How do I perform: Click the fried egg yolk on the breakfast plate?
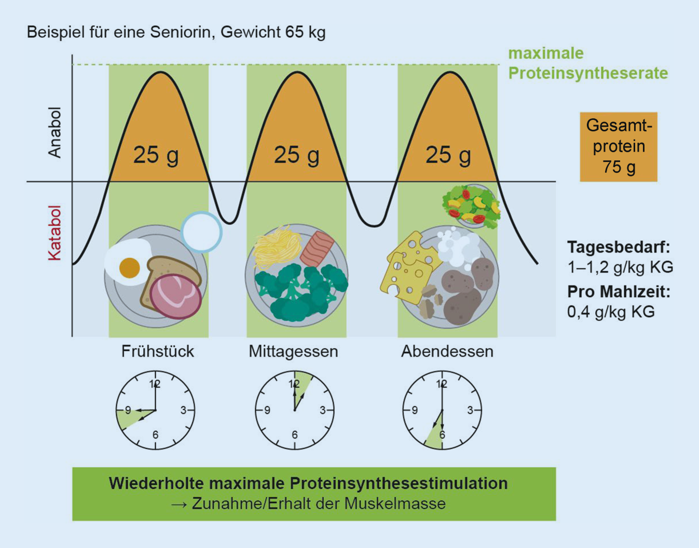(129, 268)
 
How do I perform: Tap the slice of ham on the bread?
(175, 296)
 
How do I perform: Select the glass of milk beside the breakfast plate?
(201, 232)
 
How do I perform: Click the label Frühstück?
(157, 351)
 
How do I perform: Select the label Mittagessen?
(293, 351)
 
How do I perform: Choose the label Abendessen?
(447, 351)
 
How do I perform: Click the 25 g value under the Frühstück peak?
(156, 155)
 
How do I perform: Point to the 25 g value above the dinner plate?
(448, 155)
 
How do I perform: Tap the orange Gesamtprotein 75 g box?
(619, 147)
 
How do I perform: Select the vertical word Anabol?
(54, 132)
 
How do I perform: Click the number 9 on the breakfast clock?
(128, 410)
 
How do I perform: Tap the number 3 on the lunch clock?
(322, 410)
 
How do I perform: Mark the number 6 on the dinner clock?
(442, 435)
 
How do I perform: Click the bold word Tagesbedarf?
(618, 246)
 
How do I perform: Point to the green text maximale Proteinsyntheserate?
(587, 63)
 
